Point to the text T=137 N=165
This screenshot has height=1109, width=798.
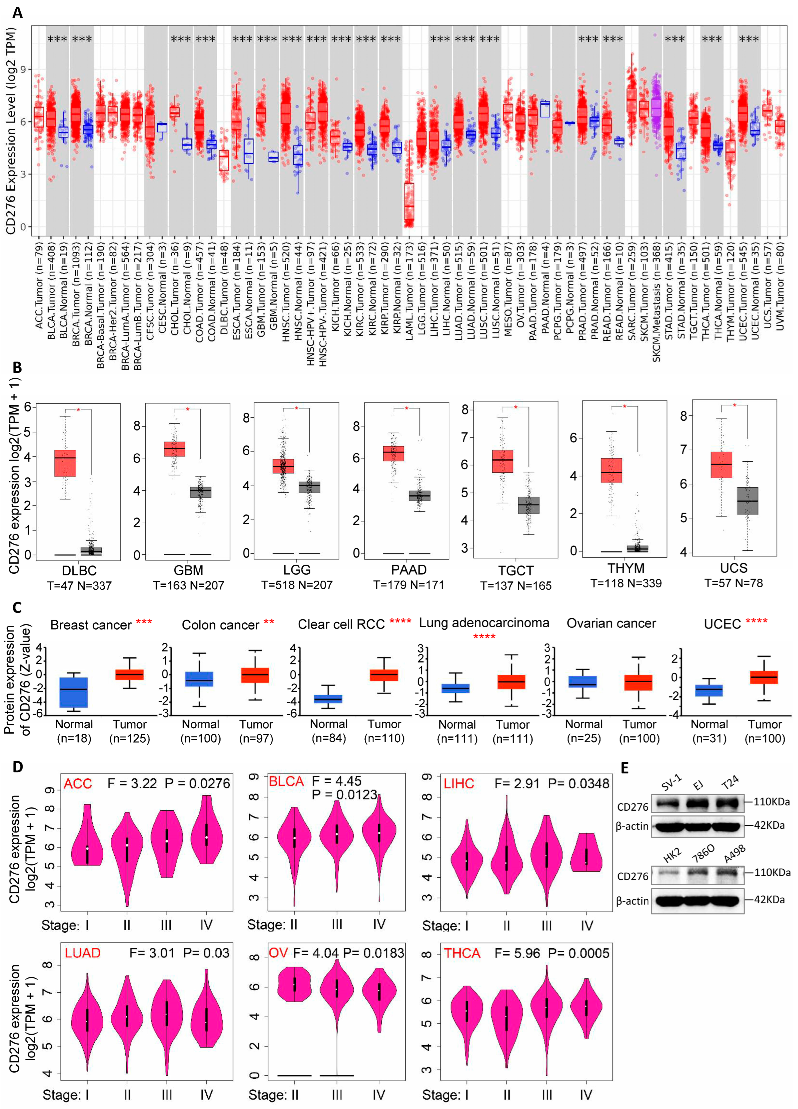click(x=516, y=585)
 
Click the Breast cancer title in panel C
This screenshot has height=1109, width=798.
click(x=91, y=625)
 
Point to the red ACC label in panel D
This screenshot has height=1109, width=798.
click(x=78, y=784)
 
